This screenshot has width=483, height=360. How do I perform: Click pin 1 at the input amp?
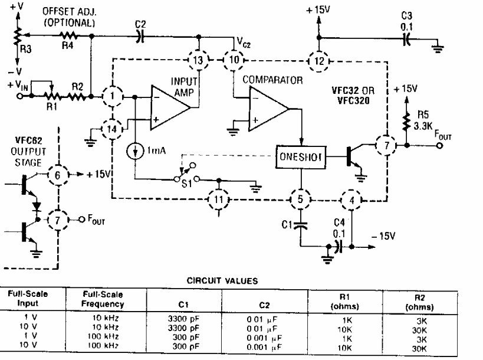tap(111, 95)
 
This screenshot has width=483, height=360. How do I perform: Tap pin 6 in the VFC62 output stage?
tap(58, 175)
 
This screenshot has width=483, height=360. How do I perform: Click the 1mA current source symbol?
tap(136, 150)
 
